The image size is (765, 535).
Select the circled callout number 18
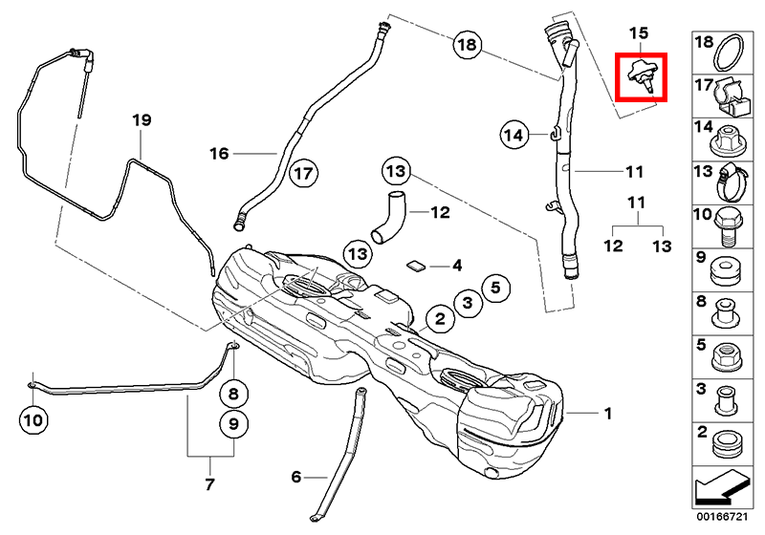coord(466,45)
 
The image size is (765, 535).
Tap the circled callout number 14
coord(514,136)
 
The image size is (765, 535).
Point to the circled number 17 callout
coord(303,174)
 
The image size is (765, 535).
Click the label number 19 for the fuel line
coord(142,120)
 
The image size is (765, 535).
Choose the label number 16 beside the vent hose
coord(219,153)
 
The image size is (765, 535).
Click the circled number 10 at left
coord(33,417)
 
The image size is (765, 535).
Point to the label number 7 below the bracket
coord(209,484)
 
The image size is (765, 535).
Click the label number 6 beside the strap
coord(295,475)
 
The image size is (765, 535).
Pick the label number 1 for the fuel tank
coord(606,414)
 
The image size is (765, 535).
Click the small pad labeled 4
coord(418,265)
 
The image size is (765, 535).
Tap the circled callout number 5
coord(495,285)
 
